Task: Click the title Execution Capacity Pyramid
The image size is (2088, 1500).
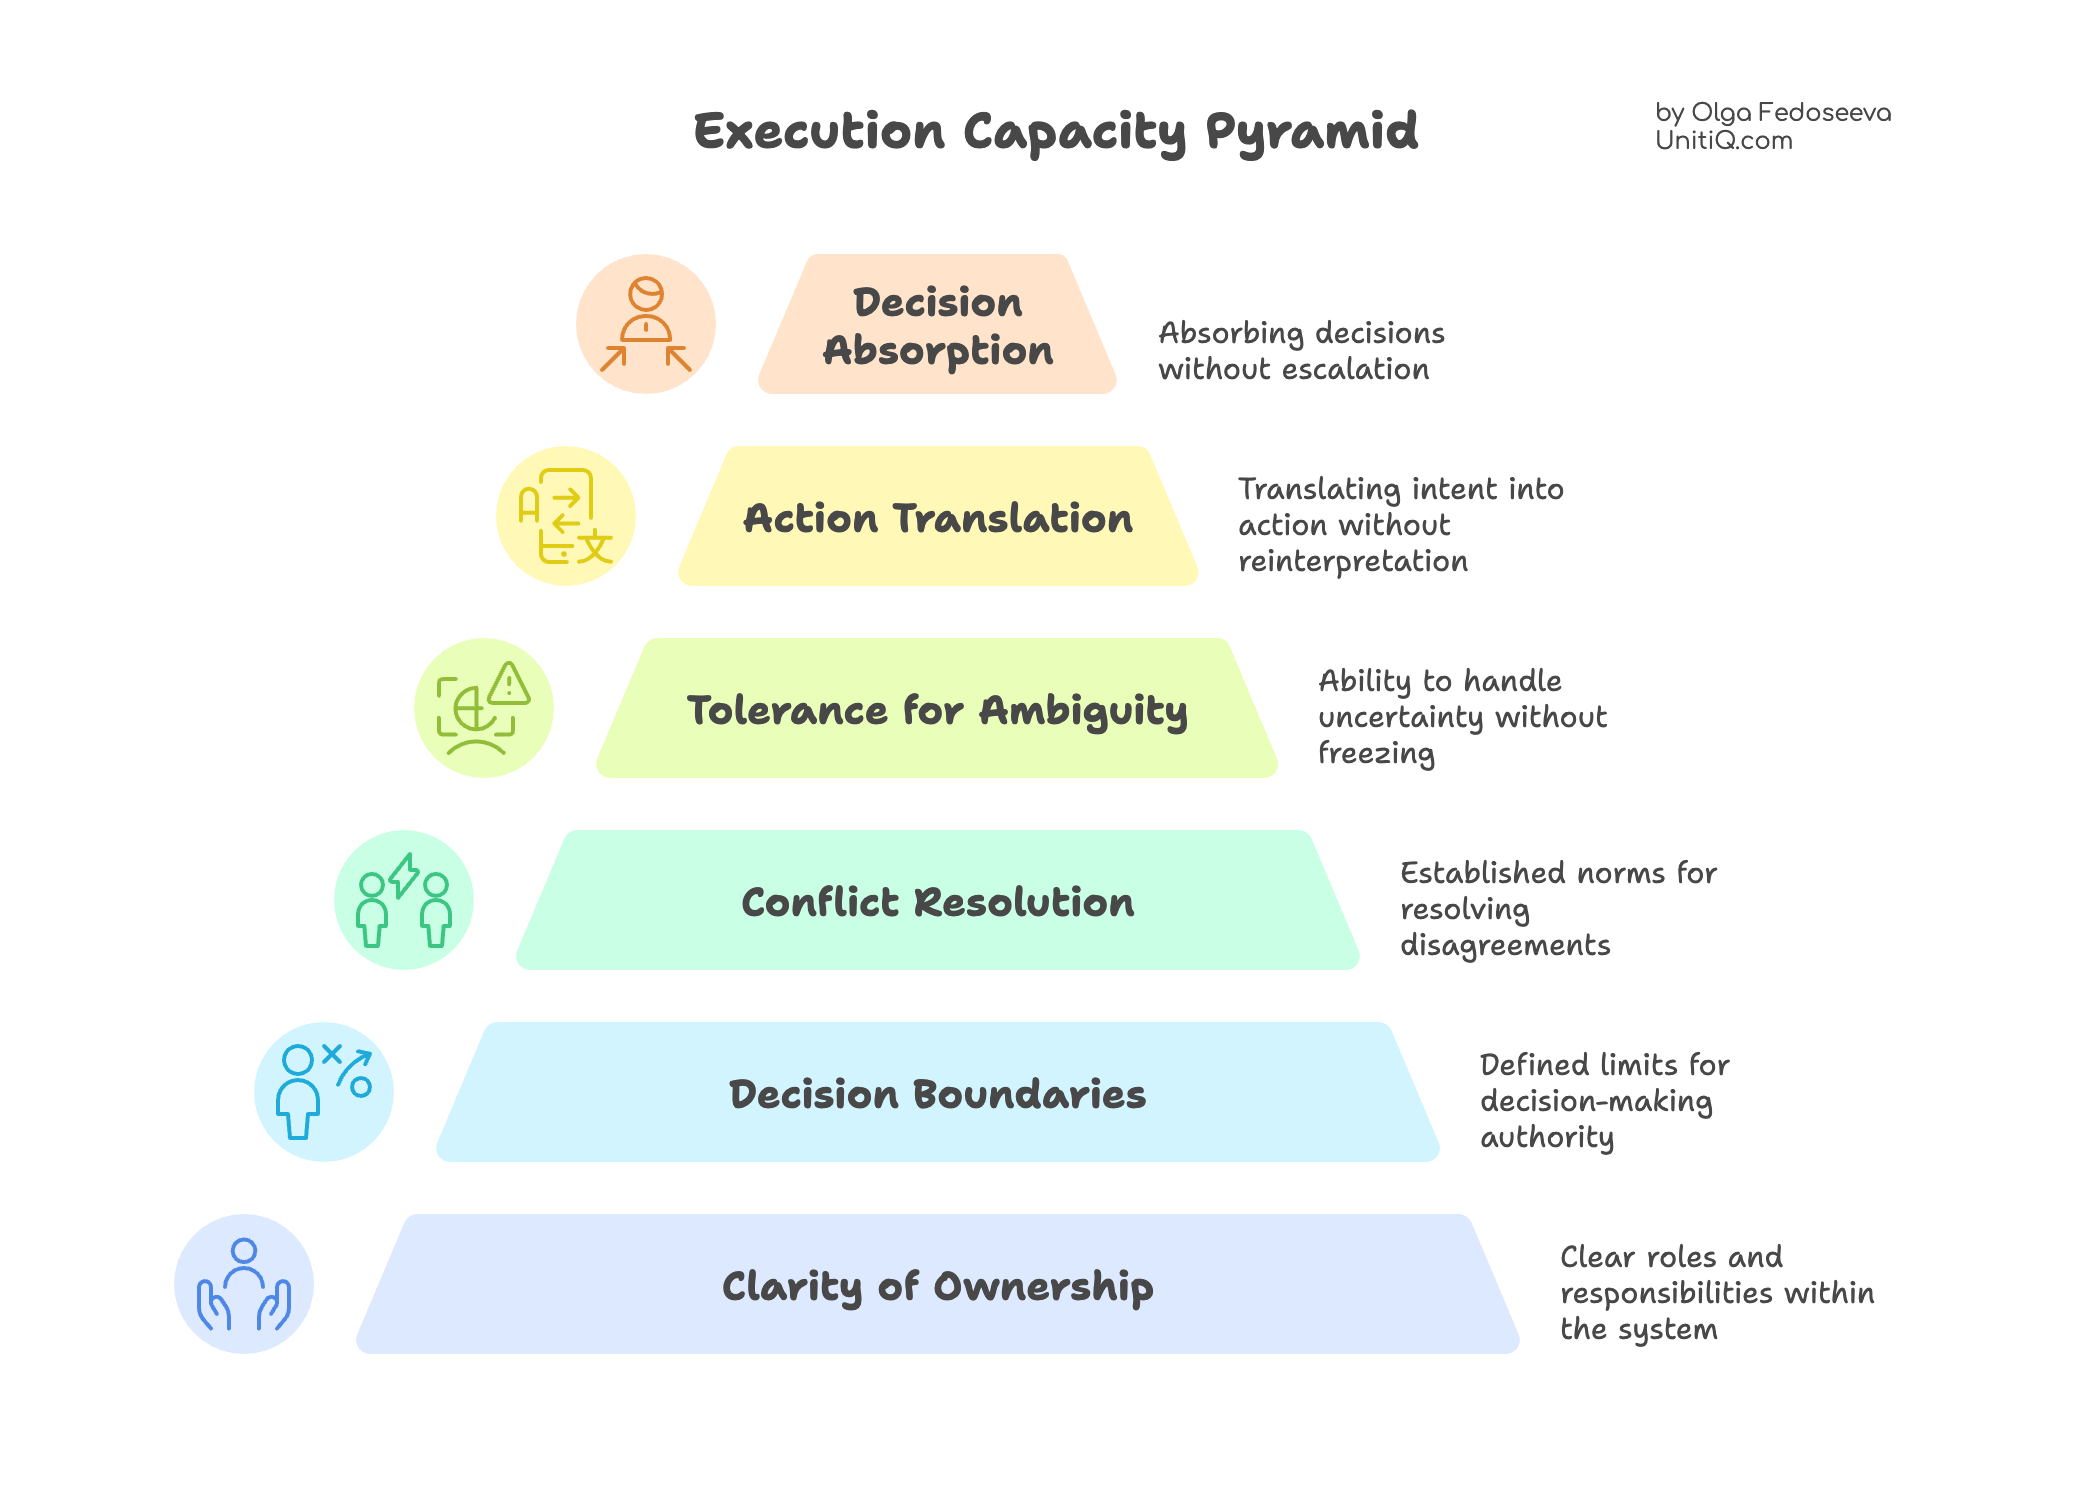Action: point(1056,132)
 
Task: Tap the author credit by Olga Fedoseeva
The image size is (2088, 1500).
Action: point(1773,113)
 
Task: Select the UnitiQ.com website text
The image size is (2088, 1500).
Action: point(1724,141)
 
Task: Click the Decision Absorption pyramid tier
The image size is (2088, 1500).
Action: point(937,324)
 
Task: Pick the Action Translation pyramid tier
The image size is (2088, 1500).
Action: point(938,516)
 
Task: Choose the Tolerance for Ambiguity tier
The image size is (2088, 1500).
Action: point(937,708)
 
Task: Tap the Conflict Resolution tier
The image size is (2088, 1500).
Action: point(938,900)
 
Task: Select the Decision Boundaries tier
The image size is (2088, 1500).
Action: point(938,1092)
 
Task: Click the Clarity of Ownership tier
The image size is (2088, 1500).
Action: point(938,1284)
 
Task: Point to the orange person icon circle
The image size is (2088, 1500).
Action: point(646,324)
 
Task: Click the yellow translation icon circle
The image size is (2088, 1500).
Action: point(566,516)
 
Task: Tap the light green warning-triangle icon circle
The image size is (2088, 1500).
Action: point(484,708)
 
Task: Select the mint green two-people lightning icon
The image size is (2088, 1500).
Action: point(404,900)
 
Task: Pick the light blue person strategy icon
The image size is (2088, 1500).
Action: point(324,1092)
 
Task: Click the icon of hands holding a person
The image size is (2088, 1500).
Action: point(244,1284)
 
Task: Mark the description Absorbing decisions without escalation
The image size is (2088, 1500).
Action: point(1301,351)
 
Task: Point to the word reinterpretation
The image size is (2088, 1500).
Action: point(1353,562)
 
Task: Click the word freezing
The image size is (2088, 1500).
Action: point(1376,754)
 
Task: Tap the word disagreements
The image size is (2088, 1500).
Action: point(1505,946)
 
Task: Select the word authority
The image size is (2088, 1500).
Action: point(1547,1138)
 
